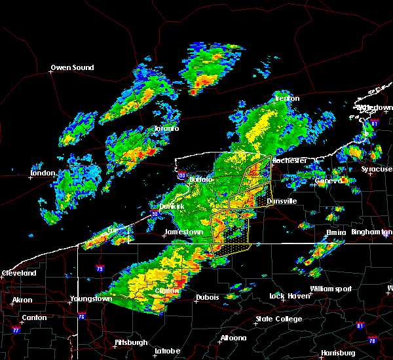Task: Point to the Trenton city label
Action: (x=286, y=99)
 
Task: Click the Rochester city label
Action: (x=290, y=160)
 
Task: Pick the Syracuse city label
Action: (x=377, y=170)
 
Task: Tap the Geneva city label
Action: (x=328, y=181)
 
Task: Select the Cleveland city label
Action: (x=19, y=273)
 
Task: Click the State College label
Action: (x=279, y=319)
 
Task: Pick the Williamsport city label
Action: (x=331, y=289)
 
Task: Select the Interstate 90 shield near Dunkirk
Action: (x=155, y=213)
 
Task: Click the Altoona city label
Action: (x=233, y=338)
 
